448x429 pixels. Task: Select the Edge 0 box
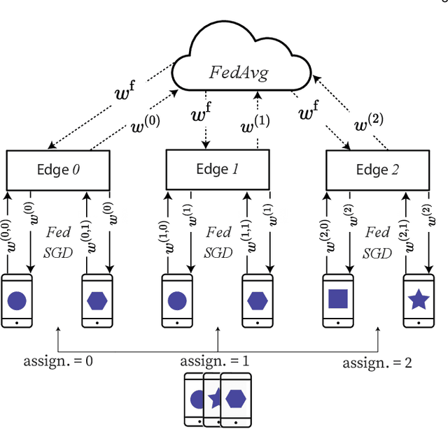[57, 170]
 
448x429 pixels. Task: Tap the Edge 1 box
[217, 169]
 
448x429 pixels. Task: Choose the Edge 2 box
[377, 170]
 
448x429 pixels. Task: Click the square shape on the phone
[338, 299]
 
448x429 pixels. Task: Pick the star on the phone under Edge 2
[418, 300]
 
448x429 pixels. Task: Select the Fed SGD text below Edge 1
[217, 241]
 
